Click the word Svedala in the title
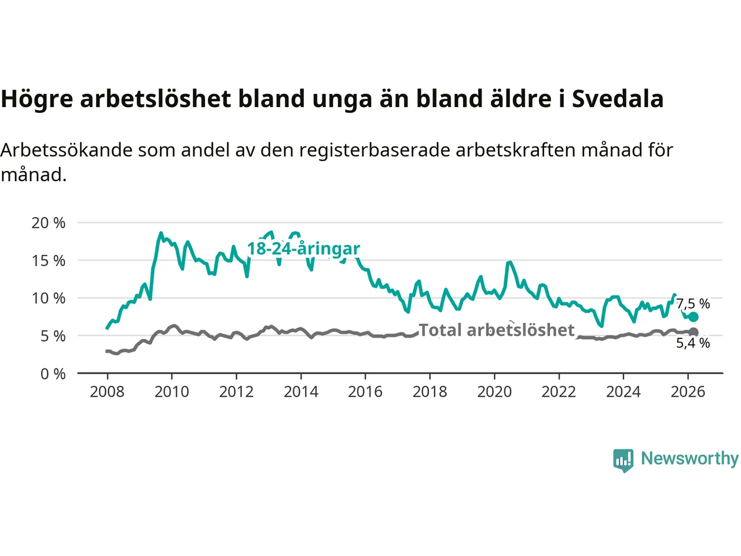(x=617, y=99)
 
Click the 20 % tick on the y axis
(x=49, y=223)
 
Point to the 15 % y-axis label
(x=49, y=261)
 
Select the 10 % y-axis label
(x=49, y=298)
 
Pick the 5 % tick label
(x=53, y=336)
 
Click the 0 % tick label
(x=53, y=374)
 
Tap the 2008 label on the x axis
(x=107, y=392)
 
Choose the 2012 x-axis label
(x=236, y=392)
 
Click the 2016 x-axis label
(x=365, y=392)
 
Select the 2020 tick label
(x=494, y=392)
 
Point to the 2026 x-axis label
(x=688, y=392)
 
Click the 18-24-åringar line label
(x=303, y=249)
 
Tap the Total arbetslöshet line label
(x=496, y=330)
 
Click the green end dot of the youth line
(x=693, y=317)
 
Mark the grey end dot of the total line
(x=693, y=332)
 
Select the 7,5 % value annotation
(x=693, y=303)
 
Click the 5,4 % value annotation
(x=693, y=343)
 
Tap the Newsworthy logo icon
(x=623, y=460)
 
